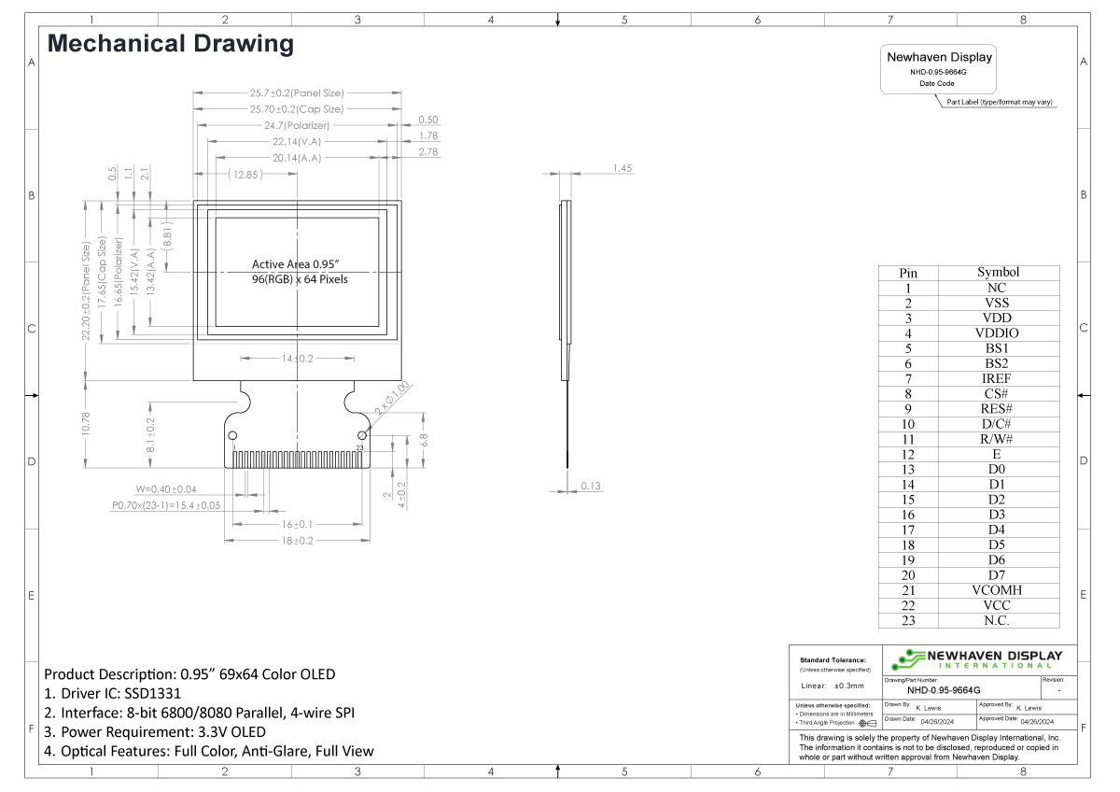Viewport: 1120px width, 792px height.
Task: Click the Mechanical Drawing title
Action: click(170, 44)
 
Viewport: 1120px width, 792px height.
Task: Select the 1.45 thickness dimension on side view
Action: click(623, 168)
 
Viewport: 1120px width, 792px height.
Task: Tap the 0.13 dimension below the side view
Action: click(591, 486)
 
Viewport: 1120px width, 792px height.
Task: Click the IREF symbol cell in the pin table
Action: click(997, 378)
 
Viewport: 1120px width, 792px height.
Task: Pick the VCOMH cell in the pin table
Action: click(997, 590)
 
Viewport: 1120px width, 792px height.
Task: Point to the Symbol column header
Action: click(997, 273)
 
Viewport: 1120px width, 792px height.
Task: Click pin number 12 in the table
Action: click(907, 454)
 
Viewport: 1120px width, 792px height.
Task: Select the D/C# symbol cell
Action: click(997, 424)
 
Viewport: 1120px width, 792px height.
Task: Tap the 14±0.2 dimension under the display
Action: click(297, 359)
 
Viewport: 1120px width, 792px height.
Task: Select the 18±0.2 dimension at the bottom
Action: click(297, 541)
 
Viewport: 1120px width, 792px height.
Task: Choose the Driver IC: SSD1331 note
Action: click(112, 694)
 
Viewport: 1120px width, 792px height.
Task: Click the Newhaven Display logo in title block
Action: click(976, 659)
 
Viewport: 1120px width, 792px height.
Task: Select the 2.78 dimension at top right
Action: click(429, 151)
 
